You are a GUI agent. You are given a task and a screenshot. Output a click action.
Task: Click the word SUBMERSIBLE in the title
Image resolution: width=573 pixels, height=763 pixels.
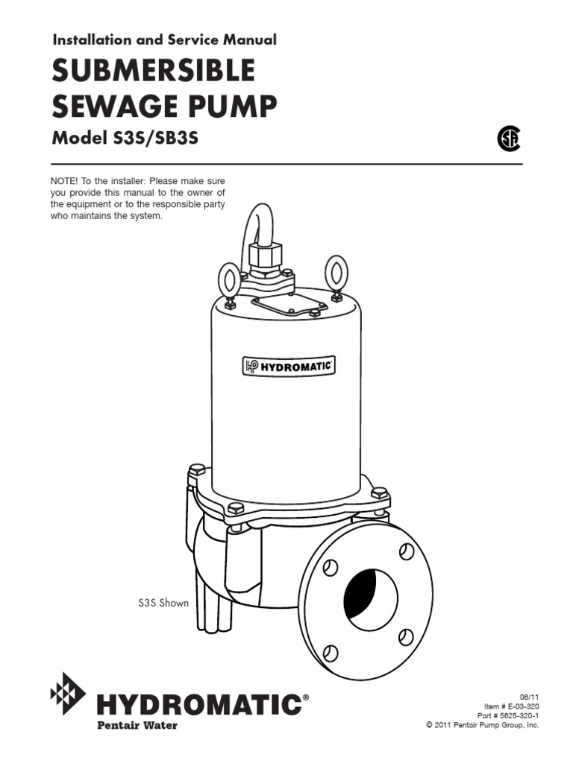[x=153, y=72]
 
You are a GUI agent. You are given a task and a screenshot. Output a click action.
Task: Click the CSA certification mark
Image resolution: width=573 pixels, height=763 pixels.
[x=509, y=139]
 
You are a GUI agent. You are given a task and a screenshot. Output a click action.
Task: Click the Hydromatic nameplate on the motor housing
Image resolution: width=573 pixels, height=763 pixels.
[x=287, y=366]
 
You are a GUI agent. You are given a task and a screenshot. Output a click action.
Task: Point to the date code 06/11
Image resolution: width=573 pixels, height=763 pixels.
[x=529, y=694]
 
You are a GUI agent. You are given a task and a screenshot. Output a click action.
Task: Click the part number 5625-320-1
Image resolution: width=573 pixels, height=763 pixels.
[x=513, y=714]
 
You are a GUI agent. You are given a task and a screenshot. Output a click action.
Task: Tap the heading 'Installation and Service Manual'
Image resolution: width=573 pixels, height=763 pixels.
[x=164, y=39]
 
